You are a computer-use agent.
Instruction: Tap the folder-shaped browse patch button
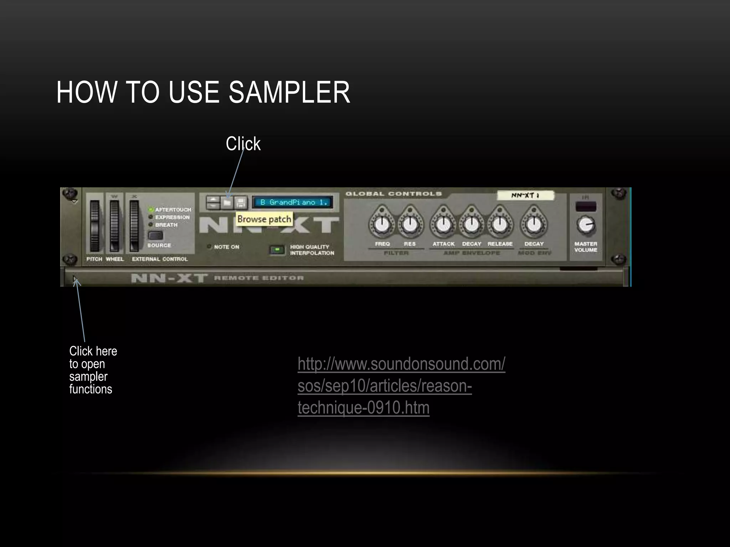click(227, 203)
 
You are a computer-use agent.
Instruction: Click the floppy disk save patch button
click(241, 203)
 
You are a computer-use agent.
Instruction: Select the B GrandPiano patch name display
click(293, 202)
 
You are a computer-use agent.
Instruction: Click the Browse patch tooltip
click(264, 219)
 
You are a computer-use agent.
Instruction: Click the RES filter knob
click(410, 224)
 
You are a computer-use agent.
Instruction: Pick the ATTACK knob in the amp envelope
click(443, 224)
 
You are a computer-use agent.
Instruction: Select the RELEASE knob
click(500, 224)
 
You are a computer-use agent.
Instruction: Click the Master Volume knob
click(585, 225)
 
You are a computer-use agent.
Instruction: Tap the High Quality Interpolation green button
click(277, 250)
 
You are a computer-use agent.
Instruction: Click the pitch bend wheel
click(94, 226)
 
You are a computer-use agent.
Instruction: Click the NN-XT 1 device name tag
click(525, 195)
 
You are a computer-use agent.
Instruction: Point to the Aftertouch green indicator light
click(151, 210)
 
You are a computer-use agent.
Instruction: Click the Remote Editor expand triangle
click(74, 278)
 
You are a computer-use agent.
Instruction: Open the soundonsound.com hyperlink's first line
click(401, 364)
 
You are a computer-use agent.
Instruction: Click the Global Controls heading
click(394, 194)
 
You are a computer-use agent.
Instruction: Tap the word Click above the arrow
click(243, 144)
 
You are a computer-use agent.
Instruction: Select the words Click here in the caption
click(93, 351)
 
